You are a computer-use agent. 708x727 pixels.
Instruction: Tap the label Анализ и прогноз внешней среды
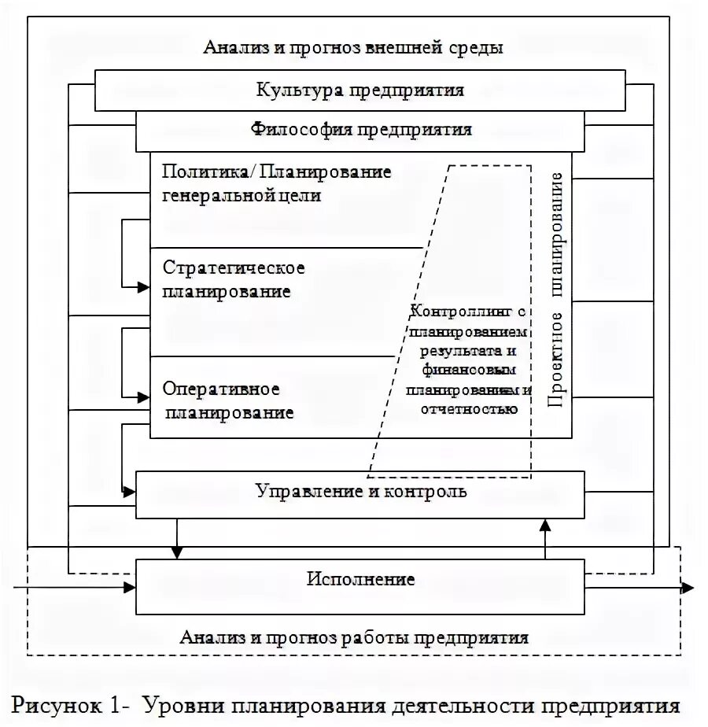pos(353,47)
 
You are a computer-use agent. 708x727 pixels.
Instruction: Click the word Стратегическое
pos(234,268)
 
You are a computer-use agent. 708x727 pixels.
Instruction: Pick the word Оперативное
pos(221,389)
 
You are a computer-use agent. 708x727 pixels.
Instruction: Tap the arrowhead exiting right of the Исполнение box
pos(687,588)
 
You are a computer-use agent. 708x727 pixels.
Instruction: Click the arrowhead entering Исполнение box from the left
pos(130,588)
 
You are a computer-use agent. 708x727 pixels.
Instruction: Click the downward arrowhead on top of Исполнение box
pos(178,552)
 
